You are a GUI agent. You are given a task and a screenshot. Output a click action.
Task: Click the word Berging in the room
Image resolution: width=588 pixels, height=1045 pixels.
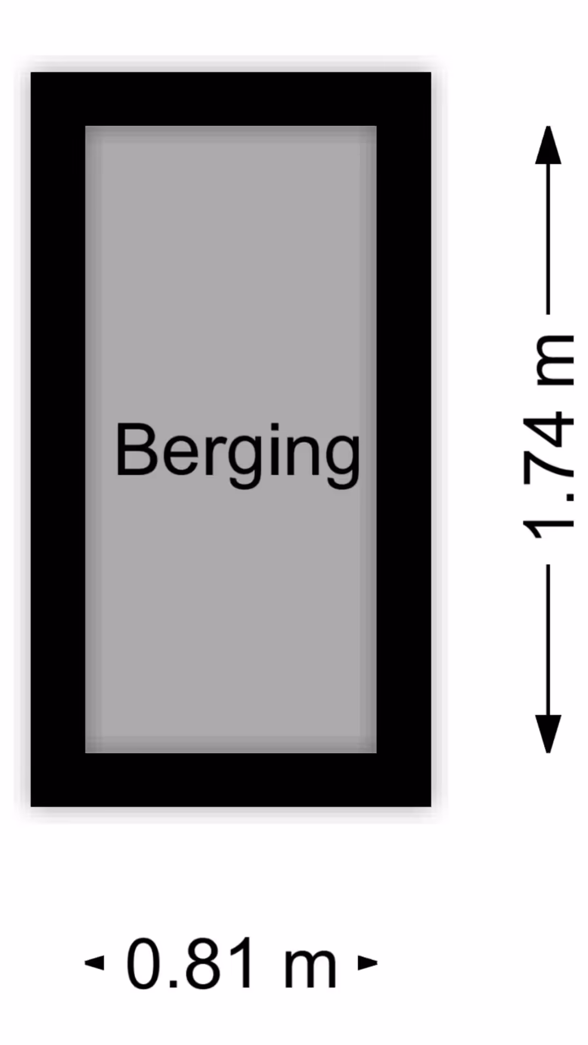pos(237,452)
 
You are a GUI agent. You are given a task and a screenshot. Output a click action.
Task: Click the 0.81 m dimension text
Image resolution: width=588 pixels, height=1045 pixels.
pos(231,963)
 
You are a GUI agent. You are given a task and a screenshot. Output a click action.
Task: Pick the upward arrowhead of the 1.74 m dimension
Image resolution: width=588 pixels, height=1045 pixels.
pos(548,146)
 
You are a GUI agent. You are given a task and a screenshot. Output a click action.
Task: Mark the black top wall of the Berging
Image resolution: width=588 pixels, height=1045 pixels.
pos(231,99)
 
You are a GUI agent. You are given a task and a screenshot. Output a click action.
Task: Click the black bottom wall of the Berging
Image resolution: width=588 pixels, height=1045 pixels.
pos(231,779)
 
